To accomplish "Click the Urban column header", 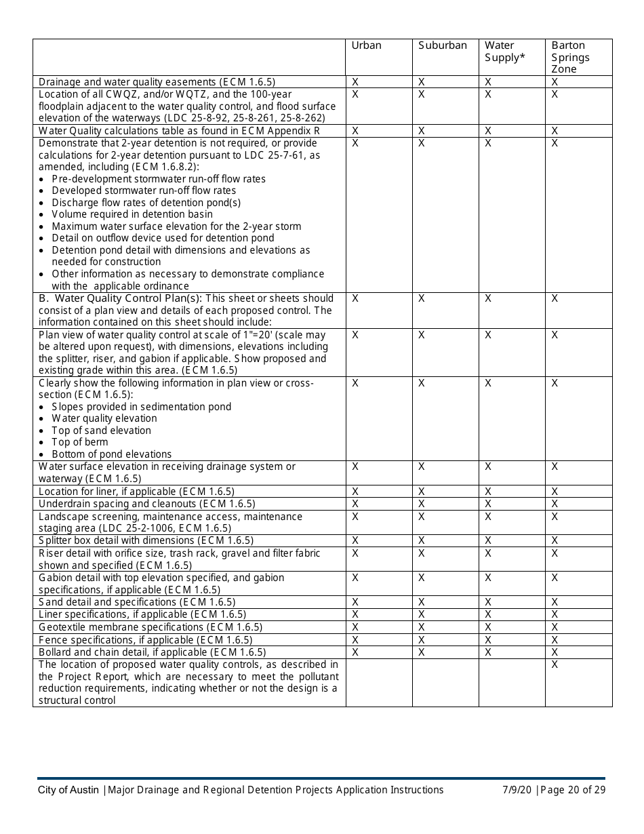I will [x=366, y=45].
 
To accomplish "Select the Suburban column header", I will [x=442, y=45].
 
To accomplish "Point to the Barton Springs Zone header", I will [x=570, y=57].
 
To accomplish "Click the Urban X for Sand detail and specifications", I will [x=355, y=602].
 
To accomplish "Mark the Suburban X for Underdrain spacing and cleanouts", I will [x=422, y=504].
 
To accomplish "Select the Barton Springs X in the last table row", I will [x=555, y=664].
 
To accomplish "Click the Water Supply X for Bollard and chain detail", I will [x=488, y=652].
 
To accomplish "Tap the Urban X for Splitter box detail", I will [x=355, y=540].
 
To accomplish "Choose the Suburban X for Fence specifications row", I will [x=422, y=640].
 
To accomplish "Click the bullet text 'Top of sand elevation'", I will [x=101, y=431].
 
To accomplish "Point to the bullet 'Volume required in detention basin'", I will [x=132, y=214].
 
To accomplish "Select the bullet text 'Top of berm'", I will [x=79, y=442].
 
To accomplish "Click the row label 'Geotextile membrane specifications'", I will [x=150, y=627].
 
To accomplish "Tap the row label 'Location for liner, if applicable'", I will [x=136, y=491].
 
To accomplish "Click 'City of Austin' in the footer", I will [x=68, y=790].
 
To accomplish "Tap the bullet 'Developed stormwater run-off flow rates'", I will [x=144, y=191].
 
